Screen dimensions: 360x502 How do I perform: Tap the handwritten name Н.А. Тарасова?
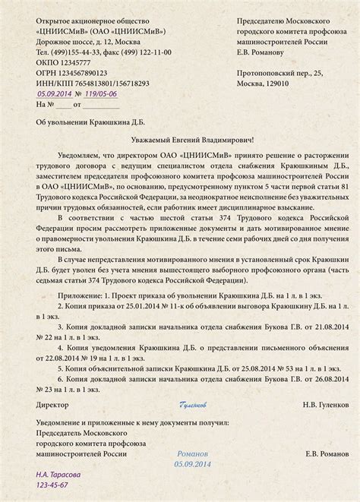62,475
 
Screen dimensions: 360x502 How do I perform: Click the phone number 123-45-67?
53,485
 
